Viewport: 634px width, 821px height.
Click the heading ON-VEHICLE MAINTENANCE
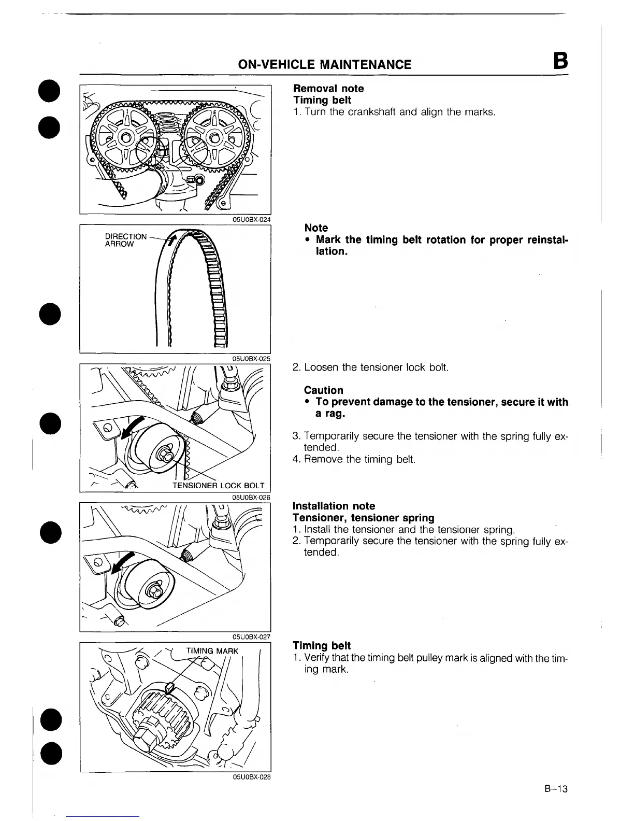point(324,64)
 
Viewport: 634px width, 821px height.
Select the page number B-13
point(556,789)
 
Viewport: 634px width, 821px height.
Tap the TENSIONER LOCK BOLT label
point(218,486)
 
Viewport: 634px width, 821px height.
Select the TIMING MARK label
point(212,651)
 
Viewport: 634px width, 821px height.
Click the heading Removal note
point(328,89)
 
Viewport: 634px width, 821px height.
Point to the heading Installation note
point(334,506)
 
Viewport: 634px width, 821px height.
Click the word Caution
point(324,390)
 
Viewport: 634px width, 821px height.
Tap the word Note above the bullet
point(316,228)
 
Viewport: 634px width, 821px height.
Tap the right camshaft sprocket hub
point(213,138)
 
